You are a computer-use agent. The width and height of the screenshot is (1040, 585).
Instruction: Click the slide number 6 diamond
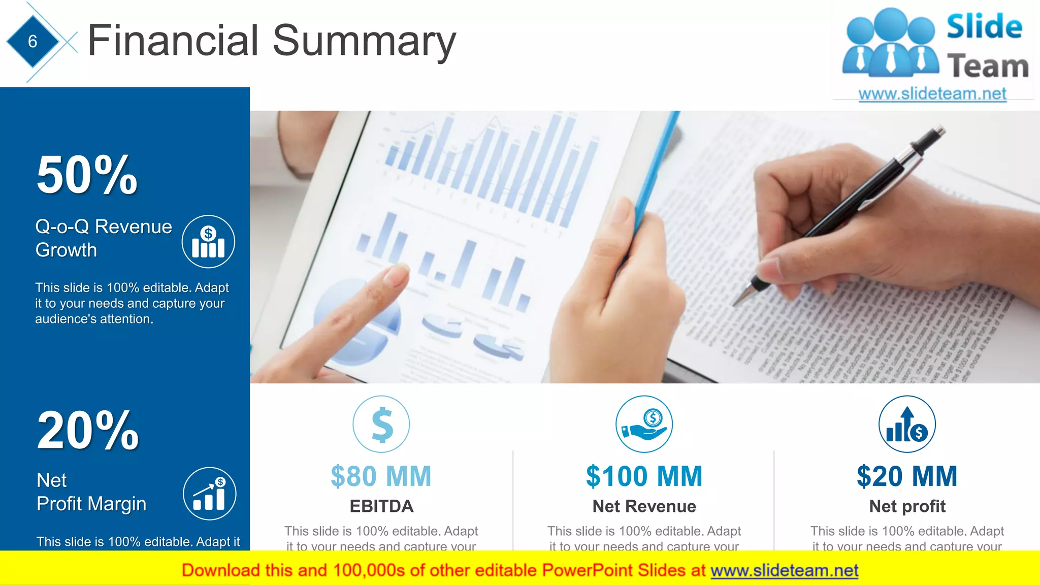point(32,41)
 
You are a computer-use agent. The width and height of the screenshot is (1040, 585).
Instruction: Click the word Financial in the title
point(173,41)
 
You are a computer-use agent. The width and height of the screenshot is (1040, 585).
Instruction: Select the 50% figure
point(87,175)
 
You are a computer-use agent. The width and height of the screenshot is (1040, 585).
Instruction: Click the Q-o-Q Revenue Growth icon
point(208,242)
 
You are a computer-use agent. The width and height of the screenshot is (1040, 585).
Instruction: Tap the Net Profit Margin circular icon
point(209,494)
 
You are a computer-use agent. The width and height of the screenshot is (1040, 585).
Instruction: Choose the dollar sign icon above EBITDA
point(381,424)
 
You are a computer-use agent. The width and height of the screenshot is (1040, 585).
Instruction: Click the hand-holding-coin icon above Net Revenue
point(644,424)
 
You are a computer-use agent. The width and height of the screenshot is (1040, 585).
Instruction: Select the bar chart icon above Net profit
point(907,424)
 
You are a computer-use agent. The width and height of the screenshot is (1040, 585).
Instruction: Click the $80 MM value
point(381,476)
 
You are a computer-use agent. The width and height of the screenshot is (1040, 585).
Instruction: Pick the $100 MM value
point(644,476)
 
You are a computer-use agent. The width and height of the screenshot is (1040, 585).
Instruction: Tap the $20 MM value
point(907,476)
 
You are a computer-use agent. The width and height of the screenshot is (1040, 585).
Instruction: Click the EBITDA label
point(381,506)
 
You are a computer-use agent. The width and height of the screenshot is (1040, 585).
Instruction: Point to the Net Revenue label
point(644,506)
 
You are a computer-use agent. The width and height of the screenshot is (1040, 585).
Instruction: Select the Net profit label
point(907,506)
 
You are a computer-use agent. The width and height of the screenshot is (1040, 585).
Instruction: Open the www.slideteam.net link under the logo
point(932,94)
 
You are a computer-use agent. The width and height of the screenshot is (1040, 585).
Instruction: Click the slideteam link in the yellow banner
point(784,571)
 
